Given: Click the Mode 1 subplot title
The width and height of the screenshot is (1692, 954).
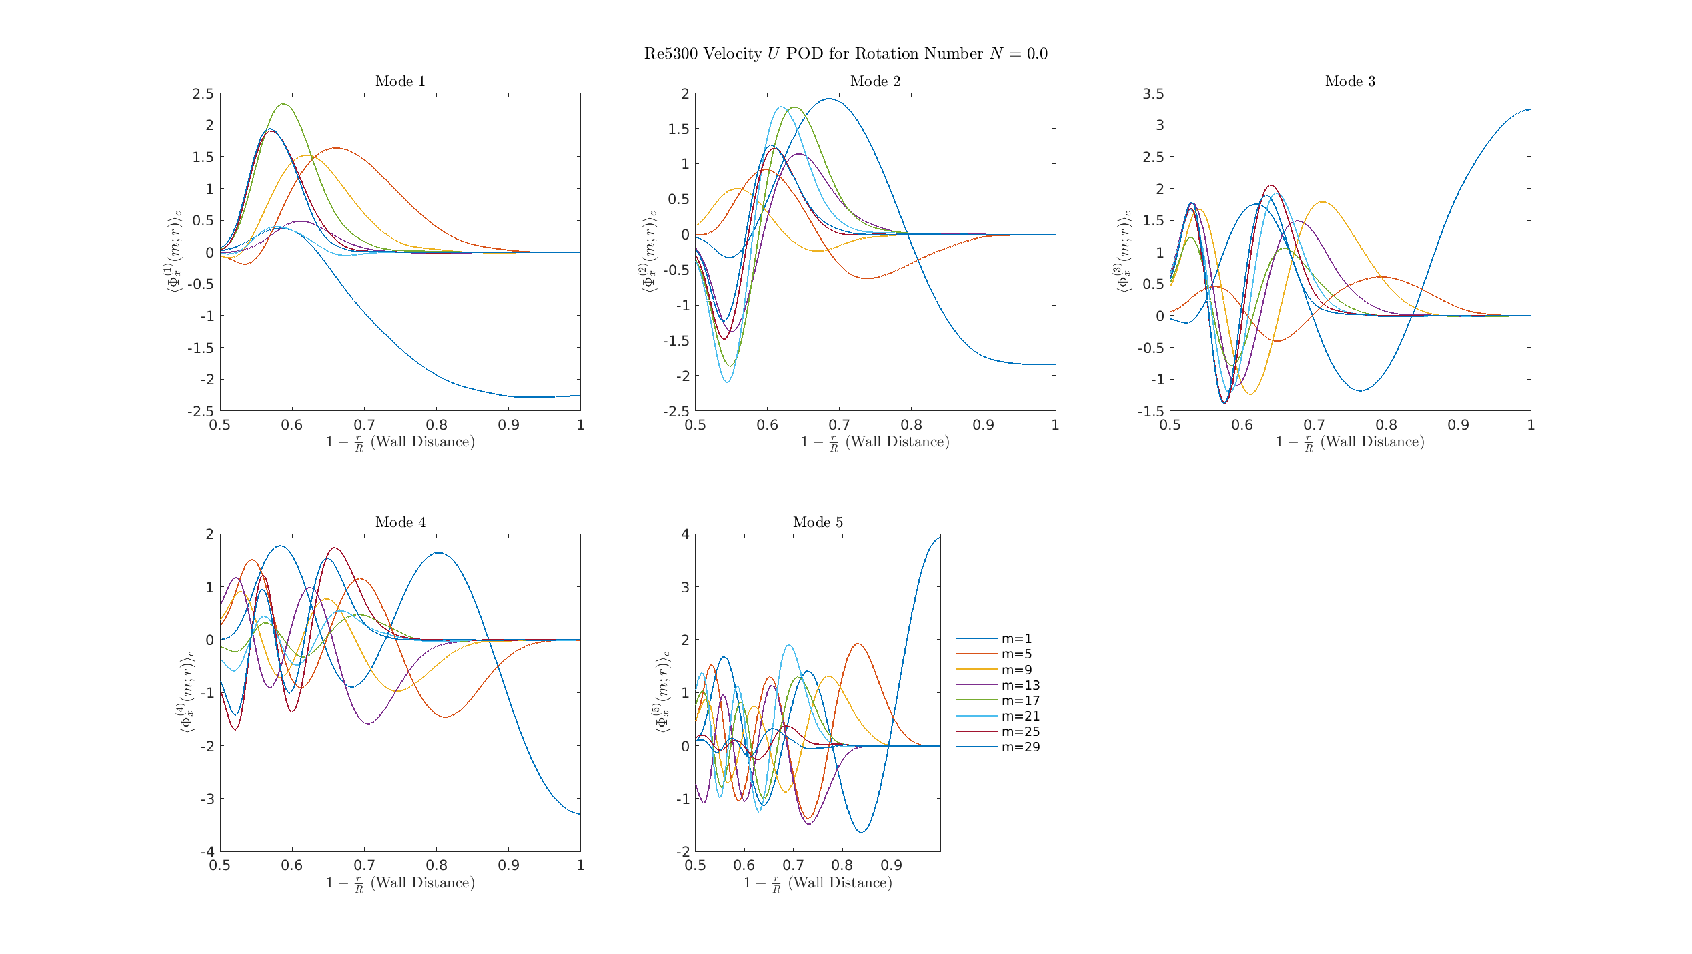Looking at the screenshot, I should (x=400, y=81).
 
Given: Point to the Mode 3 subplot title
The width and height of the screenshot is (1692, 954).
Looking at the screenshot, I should (x=1350, y=81).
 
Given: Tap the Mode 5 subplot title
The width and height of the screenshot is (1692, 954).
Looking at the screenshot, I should (x=818, y=522).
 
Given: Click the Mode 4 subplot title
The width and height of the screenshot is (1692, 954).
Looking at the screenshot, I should (x=400, y=522).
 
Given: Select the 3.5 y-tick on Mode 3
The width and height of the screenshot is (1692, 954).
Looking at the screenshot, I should (x=1153, y=94).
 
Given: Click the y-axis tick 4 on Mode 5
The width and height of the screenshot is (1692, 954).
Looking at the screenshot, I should (x=685, y=534).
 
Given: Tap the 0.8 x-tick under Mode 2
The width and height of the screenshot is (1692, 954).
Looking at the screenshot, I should (x=912, y=425).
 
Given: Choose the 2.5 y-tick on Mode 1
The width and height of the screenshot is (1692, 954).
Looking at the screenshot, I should (x=203, y=94).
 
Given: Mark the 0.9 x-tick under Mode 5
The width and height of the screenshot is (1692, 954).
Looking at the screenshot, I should (x=892, y=865).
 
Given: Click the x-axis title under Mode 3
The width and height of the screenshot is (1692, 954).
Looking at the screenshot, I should (x=1350, y=442).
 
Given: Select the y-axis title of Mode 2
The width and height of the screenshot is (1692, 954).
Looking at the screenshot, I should (x=649, y=252).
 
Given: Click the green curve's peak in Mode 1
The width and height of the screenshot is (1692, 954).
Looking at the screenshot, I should (x=283, y=104).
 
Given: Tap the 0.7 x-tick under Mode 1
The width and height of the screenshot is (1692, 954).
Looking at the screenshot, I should (x=364, y=425).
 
